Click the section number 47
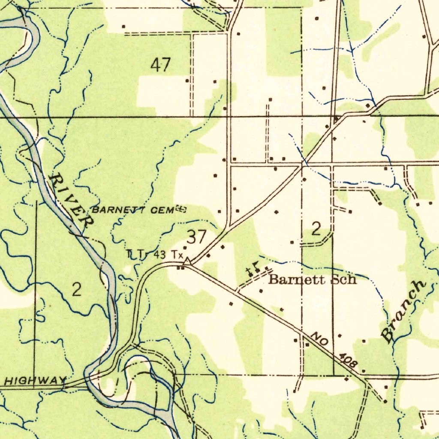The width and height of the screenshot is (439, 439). [161, 65]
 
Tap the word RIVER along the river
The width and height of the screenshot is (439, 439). [71, 200]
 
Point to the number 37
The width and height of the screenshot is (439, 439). [197, 236]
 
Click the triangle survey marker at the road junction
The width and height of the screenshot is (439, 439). [187, 261]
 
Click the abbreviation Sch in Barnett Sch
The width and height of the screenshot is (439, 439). [344, 280]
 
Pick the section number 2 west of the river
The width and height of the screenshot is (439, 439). [76, 290]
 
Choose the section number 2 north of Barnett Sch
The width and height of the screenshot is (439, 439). [316, 229]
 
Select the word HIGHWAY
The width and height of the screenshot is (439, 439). [36, 380]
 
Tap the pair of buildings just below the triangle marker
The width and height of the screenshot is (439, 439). [181, 268]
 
